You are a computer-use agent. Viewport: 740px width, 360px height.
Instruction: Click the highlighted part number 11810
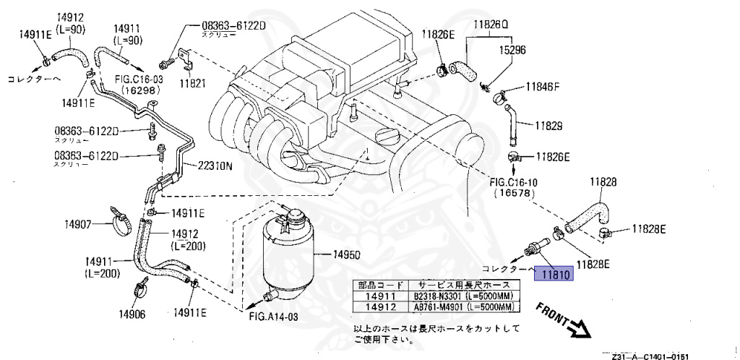click(x=553, y=274)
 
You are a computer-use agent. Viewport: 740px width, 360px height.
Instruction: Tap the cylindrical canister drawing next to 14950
click(x=288, y=249)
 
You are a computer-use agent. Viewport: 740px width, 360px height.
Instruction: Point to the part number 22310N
click(x=216, y=166)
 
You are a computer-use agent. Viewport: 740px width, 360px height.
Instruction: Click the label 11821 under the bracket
click(x=192, y=84)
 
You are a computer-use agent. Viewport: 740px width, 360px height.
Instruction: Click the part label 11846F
click(x=543, y=87)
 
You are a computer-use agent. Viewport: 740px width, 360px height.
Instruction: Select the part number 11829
click(x=548, y=125)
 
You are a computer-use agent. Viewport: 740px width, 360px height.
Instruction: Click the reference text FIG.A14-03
click(x=273, y=316)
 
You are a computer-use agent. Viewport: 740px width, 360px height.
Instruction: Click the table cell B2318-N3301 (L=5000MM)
click(x=462, y=295)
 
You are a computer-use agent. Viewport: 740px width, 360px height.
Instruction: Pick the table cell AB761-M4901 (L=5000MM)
click(x=462, y=307)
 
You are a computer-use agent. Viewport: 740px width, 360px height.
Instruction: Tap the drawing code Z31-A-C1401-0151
click(x=647, y=355)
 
